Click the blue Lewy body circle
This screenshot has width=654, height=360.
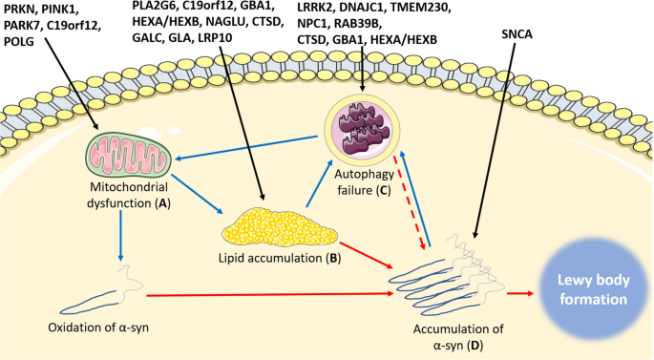pos(581,286)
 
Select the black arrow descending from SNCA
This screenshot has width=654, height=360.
pos(496,143)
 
